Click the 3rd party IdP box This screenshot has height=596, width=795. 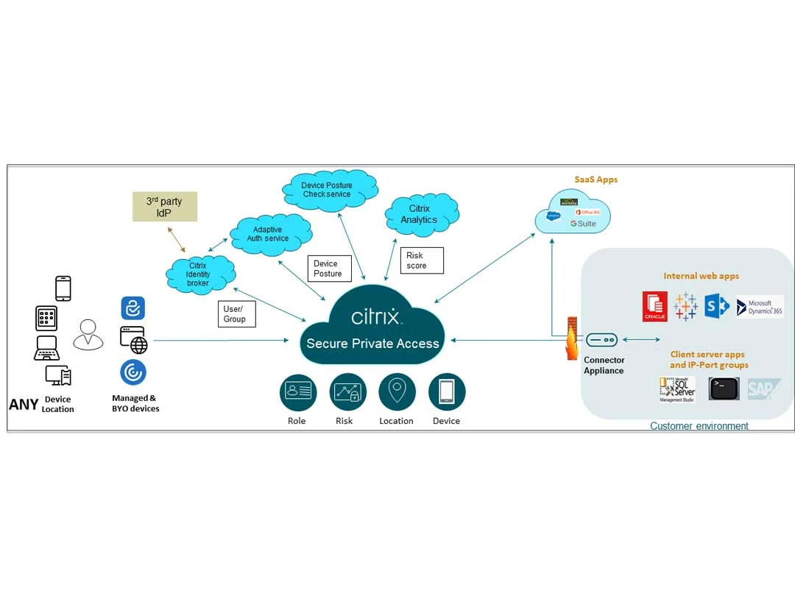pyautogui.click(x=164, y=207)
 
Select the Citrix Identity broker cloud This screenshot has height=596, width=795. pyautogui.click(x=198, y=274)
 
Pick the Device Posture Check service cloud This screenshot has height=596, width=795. pyautogui.click(x=328, y=190)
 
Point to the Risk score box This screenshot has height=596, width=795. pyautogui.click(x=422, y=260)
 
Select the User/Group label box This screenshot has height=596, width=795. pyautogui.click(x=236, y=314)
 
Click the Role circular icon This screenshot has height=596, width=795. pyautogui.click(x=297, y=391)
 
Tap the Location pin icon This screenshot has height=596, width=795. pyautogui.click(x=397, y=391)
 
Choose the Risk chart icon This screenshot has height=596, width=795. pyautogui.click(x=347, y=391)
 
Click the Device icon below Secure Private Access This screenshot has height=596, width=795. pyautogui.click(x=447, y=391)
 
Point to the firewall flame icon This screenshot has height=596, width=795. pyautogui.click(x=572, y=339)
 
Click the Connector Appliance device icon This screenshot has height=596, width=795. pyautogui.click(x=601, y=340)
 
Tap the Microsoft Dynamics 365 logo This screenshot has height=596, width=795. pyautogui.click(x=760, y=306)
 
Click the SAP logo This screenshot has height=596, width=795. pyautogui.click(x=763, y=389)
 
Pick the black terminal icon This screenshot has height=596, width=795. pyautogui.click(x=724, y=389)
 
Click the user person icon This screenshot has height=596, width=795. pyautogui.click(x=88, y=335)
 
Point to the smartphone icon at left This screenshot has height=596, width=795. pyautogui.click(x=63, y=288)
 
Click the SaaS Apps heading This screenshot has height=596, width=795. pyautogui.click(x=596, y=180)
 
